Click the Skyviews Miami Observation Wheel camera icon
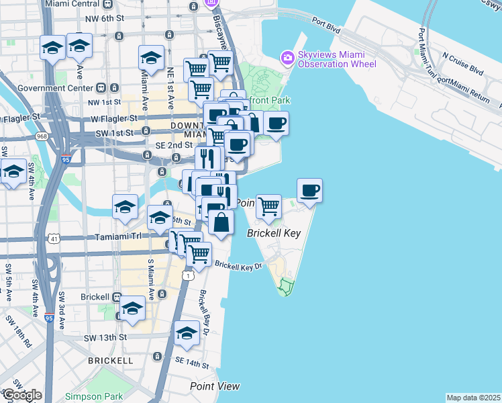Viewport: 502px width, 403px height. click(288, 58)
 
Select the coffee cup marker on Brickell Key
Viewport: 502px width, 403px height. click(309, 191)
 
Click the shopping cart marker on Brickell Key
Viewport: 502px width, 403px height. click(268, 207)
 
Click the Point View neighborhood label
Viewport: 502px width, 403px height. click(214, 386)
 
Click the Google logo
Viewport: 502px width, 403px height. click(22, 395)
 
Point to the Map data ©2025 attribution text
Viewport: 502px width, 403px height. click(473, 398)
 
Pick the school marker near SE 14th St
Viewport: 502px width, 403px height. click(187, 334)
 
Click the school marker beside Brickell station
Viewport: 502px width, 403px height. click(133, 308)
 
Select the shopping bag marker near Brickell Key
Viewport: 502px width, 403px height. click(221, 222)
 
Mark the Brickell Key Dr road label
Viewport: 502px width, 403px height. click(236, 265)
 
